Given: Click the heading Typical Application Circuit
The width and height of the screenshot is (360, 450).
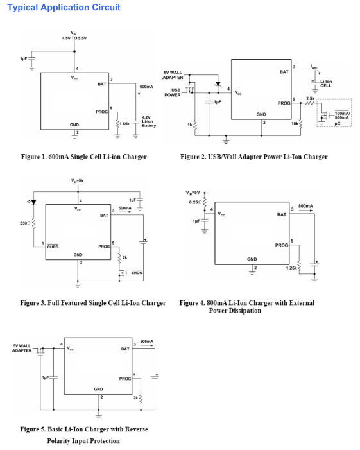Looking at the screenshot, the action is click(64, 8).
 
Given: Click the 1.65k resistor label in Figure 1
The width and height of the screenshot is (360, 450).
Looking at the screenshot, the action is click(124, 124).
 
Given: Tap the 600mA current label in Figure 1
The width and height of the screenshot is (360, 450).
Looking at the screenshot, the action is click(146, 87).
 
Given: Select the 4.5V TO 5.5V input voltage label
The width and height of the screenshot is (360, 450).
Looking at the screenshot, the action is click(74, 38).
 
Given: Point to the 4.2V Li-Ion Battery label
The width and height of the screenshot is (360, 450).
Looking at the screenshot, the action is click(149, 121).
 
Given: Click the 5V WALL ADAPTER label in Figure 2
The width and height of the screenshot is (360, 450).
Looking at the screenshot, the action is click(173, 75).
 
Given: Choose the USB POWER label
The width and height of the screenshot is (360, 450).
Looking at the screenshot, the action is click(173, 92).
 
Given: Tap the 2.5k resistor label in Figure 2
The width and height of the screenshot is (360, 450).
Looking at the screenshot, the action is click(310, 98).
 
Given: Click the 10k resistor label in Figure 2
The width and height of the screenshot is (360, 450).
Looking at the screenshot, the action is click(295, 123).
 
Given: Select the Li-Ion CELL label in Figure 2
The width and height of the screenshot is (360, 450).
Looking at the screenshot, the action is click(326, 83).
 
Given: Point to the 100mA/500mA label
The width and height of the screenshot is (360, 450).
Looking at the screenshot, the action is click(342, 116).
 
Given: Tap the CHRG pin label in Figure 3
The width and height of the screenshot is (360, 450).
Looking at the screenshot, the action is click(53, 247).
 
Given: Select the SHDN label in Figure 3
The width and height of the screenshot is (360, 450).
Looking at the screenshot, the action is click(137, 273).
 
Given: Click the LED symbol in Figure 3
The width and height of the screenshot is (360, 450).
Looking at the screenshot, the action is click(33, 202).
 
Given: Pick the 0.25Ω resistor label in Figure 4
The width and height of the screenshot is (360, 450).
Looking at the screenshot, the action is click(196, 202).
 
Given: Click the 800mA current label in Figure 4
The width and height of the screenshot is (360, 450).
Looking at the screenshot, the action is click(305, 206).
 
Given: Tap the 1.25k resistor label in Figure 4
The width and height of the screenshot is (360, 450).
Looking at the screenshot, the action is click(291, 268).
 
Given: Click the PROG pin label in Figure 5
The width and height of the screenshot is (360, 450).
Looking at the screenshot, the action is click(125, 379).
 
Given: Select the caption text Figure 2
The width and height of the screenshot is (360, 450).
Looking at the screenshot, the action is click(254, 157).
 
